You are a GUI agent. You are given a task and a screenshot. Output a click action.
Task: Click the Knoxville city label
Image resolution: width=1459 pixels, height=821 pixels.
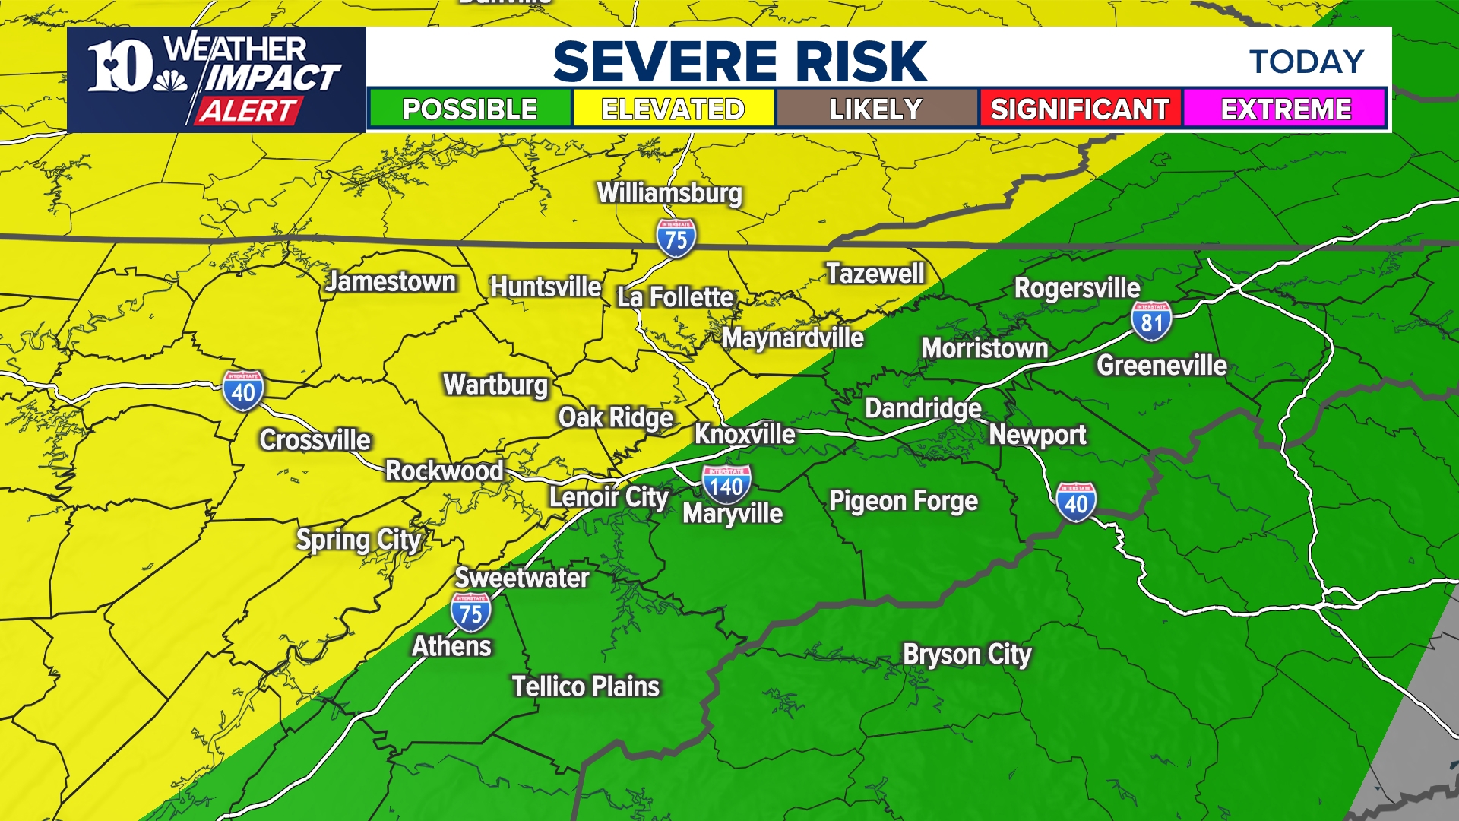[745, 434]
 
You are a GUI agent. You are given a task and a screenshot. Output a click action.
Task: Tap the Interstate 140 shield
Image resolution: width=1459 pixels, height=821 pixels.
[726, 484]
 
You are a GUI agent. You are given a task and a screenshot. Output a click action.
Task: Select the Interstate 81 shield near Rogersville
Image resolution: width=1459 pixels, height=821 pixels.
[1151, 321]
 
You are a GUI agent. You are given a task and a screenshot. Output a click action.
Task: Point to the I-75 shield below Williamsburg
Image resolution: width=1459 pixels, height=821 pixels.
[676, 239]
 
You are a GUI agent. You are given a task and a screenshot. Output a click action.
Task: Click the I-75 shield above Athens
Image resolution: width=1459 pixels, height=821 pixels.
[470, 612]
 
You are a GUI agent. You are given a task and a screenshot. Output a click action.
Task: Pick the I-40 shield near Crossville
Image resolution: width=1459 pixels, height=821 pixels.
[243, 391]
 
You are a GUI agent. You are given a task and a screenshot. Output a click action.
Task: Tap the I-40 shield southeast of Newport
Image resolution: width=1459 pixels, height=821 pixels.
[1076, 502]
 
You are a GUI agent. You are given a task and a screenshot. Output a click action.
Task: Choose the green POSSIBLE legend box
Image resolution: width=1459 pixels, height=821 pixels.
[470, 109]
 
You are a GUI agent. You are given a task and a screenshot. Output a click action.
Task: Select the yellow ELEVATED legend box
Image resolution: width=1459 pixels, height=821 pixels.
[673, 109]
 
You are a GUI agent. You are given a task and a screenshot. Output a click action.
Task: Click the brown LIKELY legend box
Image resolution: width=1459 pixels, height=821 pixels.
[876, 109]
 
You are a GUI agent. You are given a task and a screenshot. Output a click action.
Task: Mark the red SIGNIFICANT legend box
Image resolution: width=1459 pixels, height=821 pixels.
[1080, 109]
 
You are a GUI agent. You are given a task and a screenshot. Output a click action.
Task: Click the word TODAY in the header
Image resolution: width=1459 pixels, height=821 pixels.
[1307, 62]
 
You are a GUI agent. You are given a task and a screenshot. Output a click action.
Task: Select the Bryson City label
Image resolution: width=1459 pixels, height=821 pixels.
[967, 654]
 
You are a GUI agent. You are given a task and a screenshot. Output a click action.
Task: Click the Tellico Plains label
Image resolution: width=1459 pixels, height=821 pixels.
[585, 686]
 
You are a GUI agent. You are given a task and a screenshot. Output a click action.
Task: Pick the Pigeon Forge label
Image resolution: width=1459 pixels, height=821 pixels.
[904, 501]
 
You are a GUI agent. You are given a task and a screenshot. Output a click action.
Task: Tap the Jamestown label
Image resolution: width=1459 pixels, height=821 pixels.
[391, 282]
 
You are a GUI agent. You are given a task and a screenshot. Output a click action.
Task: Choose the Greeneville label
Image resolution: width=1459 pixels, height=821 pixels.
[1161, 366]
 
